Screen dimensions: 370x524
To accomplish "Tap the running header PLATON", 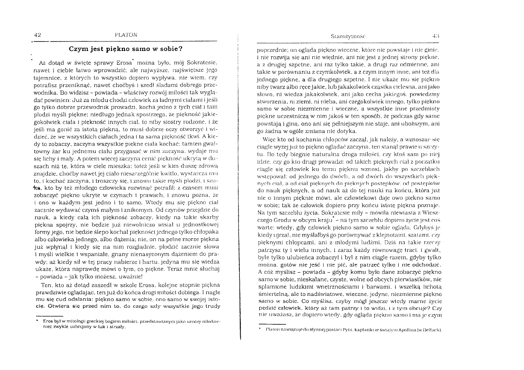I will point(127,35).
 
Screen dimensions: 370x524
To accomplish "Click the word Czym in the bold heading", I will point(78,48).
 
